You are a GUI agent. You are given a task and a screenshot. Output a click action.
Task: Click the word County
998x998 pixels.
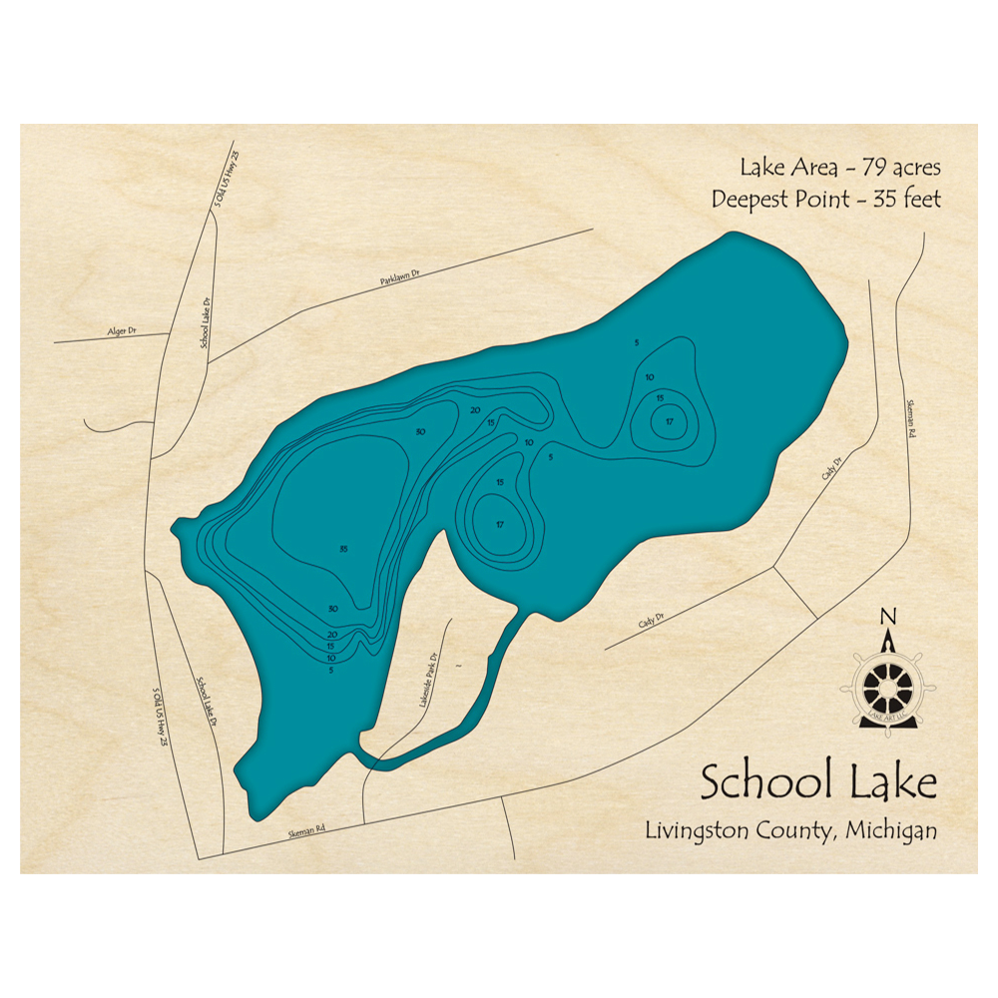pyautogui.click(x=794, y=830)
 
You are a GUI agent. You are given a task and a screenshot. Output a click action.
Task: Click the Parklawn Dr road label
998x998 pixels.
pyautogui.click(x=402, y=282)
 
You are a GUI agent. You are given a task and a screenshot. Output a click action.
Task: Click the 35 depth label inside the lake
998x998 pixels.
pyautogui.click(x=342, y=549)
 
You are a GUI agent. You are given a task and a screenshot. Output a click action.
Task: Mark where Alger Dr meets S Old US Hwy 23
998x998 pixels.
pyautogui.click(x=171, y=333)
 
